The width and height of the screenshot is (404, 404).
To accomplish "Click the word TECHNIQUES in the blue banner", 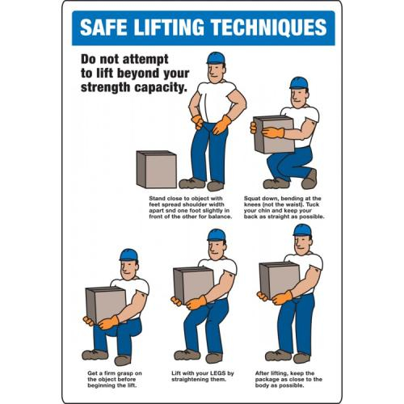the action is pyautogui.click(x=269, y=27).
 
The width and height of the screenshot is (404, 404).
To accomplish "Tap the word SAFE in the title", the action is pyautogui.click(x=103, y=27).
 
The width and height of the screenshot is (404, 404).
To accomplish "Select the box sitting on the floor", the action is pyautogui.click(x=157, y=170).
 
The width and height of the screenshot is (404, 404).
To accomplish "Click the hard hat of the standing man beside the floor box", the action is pyautogui.click(x=216, y=58).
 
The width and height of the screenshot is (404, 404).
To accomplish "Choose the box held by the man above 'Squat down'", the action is pyautogui.click(x=274, y=134).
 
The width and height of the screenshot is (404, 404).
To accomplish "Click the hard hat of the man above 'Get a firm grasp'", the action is pyautogui.click(x=128, y=255).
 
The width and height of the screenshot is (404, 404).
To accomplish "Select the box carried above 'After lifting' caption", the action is pyautogui.click(x=280, y=280).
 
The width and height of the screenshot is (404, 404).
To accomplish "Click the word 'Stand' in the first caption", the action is pyautogui.click(x=157, y=199).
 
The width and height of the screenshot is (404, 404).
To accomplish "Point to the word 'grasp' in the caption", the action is pyautogui.click(x=124, y=373).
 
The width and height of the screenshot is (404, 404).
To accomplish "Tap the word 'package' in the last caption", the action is pyautogui.click(x=267, y=380).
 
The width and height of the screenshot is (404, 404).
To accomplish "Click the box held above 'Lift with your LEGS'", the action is pyautogui.click(x=194, y=285).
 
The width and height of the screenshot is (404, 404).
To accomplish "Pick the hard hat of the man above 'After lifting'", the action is pyautogui.click(x=302, y=230).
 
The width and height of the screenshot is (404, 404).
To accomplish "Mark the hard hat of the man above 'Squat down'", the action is pyautogui.click(x=299, y=83).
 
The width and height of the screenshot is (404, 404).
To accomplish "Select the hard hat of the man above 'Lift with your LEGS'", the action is pyautogui.click(x=217, y=235).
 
